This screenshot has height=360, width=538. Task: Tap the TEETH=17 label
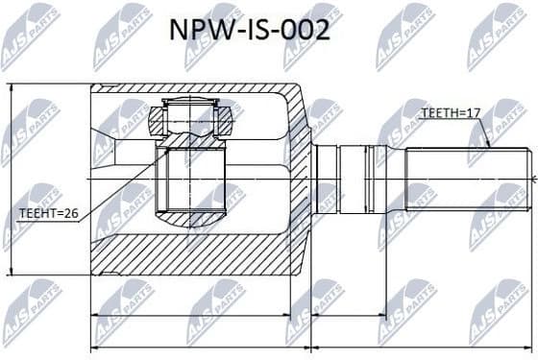(x=451, y=113)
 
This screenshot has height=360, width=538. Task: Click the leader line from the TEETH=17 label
(x=486, y=132)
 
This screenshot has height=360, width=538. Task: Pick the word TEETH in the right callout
(x=438, y=113)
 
